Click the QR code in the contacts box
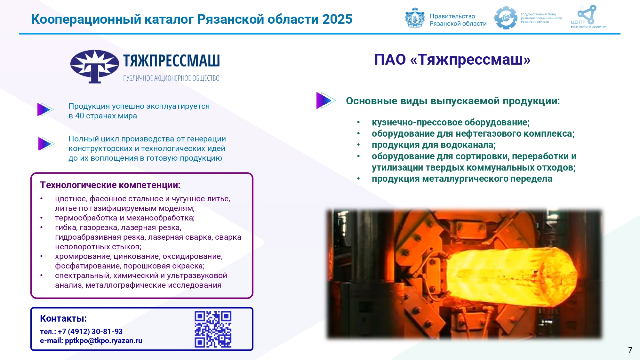tap(213, 329)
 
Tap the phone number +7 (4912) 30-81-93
tap(90, 332)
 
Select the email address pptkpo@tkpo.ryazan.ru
tap(104, 341)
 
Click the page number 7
tap(630, 350)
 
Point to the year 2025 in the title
tap(337, 19)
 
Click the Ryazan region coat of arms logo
tap(415, 18)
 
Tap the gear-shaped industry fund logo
tap(506, 18)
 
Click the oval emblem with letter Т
tap(94, 66)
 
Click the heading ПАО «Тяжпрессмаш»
tap(452, 60)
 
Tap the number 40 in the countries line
tap(79, 116)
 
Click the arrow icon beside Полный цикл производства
tap(46, 144)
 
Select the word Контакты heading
tap(63, 318)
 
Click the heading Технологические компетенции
tap(110, 185)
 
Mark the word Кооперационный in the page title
tap(86, 20)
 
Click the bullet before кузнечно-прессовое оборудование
tap(359, 122)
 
